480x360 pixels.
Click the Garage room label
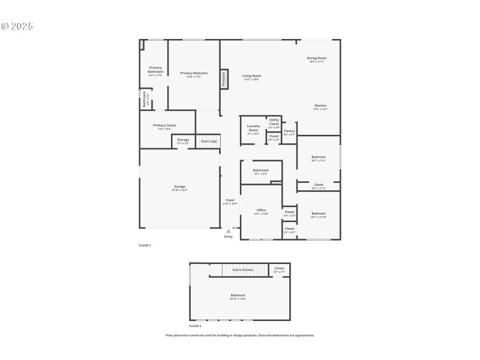(179, 187)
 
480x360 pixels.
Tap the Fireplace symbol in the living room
(224, 79)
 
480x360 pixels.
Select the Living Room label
(251, 76)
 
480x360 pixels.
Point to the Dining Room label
(317, 58)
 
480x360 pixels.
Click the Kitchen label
(320, 106)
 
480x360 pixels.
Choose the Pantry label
(289, 131)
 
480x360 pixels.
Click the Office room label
(261, 210)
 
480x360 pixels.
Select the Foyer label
(230, 200)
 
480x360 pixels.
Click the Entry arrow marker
(228, 230)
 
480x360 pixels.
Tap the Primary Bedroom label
(193, 73)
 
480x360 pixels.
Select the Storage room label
(183, 140)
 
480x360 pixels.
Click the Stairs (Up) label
(209, 141)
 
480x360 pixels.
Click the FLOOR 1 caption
(145, 245)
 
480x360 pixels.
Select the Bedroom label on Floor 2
(238, 295)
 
